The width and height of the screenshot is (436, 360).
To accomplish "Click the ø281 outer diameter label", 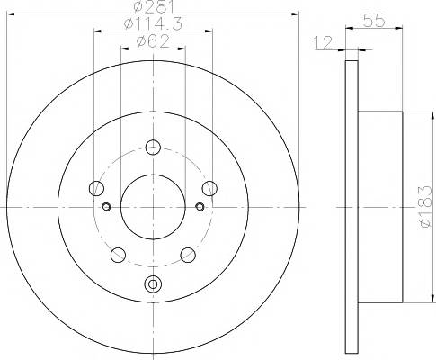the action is tap(154, 6).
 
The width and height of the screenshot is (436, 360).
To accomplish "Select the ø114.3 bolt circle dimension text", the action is tap(153, 23).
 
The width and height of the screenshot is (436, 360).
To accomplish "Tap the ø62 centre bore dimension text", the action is tap(153, 41).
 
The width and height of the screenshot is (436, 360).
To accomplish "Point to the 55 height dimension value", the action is tap(374, 21).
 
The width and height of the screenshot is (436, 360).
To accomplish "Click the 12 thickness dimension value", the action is tap(324, 42).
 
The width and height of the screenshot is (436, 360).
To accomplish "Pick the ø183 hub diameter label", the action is tap(425, 206).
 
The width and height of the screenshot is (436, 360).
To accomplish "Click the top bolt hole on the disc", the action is tap(153, 147).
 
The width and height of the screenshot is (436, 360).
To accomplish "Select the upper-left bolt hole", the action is tap(96, 188).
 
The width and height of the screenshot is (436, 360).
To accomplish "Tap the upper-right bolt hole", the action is tap(209, 188).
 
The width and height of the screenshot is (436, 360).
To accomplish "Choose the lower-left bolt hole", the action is tap(118, 255).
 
